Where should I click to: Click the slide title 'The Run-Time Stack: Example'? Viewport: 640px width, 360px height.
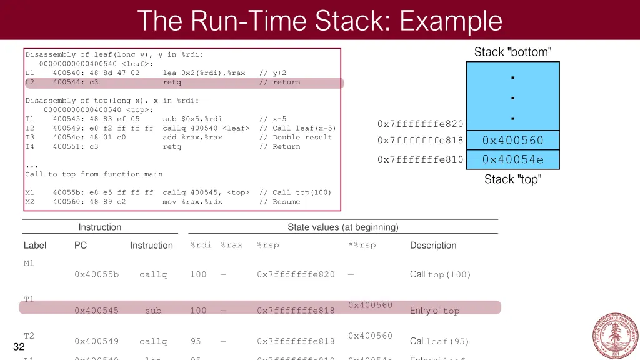pyautogui.click(x=319, y=21)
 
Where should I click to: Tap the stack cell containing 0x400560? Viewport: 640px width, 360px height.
pyautogui.click(x=512, y=140)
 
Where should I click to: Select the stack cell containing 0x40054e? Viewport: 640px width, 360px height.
pyautogui.click(x=512, y=159)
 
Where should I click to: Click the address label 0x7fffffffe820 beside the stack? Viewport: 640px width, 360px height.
pyautogui.click(x=420, y=124)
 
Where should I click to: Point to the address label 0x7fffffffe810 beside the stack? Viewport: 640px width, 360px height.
pyautogui.click(x=420, y=159)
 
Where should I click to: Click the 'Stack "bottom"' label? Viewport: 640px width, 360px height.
pyautogui.click(x=512, y=52)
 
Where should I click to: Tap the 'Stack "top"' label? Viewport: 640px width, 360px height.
pyautogui.click(x=512, y=179)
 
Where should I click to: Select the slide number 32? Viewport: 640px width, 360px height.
pyautogui.click(x=19, y=347)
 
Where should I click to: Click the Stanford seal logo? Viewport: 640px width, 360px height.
pyautogui.click(x=615, y=336)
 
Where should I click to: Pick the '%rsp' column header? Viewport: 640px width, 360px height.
pyautogui.click(x=267, y=245)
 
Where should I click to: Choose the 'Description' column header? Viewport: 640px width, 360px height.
pyautogui.click(x=433, y=246)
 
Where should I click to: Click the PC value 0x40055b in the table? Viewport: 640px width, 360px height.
pyautogui.click(x=96, y=274)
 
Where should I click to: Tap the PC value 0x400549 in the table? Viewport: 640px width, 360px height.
pyautogui.click(x=96, y=341)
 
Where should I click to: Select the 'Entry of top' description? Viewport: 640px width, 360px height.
pyautogui.click(x=434, y=311)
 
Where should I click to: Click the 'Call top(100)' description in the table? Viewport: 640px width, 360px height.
pyautogui.click(x=440, y=274)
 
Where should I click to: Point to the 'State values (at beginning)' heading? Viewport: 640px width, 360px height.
pyautogui.click(x=342, y=227)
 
